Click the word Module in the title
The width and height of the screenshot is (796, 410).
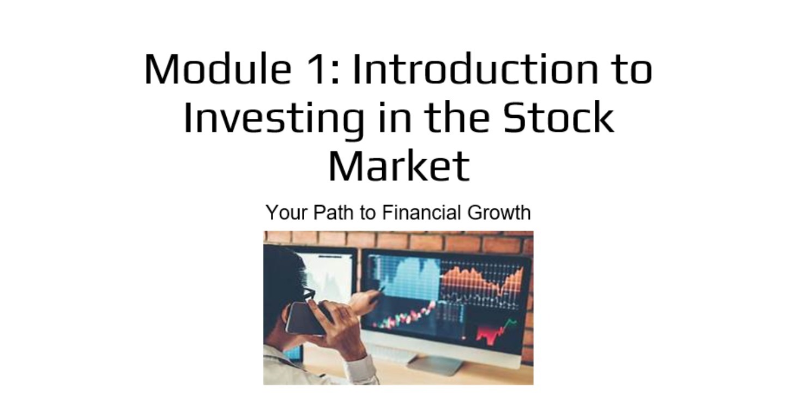217,69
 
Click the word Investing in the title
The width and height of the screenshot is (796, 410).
273,117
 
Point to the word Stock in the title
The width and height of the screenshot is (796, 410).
558,117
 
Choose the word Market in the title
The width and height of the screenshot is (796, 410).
399,165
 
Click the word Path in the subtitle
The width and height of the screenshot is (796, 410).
333,213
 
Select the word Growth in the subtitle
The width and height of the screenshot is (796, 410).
499,213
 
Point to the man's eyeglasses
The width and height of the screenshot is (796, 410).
309,294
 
